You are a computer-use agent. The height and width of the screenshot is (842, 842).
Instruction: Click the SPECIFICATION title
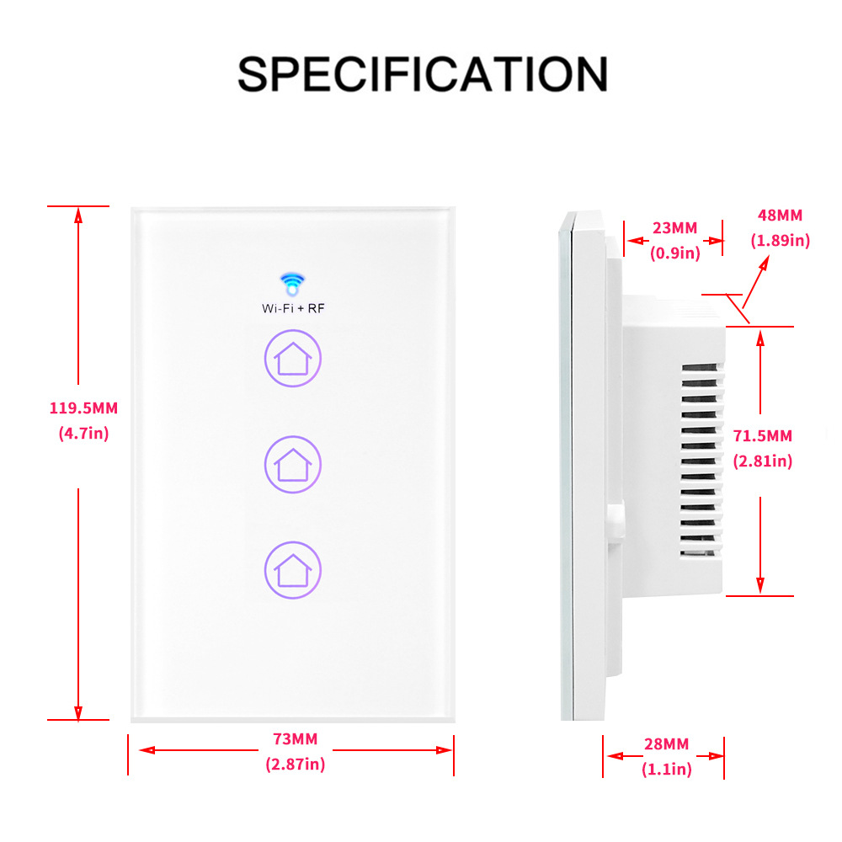tap(422, 74)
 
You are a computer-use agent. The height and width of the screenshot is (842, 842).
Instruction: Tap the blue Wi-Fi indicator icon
tap(292, 284)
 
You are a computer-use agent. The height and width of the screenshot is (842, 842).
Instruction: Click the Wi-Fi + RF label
tap(293, 308)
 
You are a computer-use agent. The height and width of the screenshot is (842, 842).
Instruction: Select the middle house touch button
tap(293, 463)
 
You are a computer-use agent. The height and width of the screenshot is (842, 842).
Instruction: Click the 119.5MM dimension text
tap(83, 408)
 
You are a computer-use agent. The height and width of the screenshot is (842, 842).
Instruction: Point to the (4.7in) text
tap(83, 434)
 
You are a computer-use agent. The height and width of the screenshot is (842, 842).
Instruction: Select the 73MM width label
tap(295, 739)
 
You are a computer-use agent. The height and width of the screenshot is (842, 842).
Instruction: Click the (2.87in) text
tap(295, 765)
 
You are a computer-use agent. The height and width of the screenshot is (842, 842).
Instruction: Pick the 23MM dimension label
tap(674, 227)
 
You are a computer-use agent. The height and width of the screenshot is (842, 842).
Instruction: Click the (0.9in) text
tap(674, 252)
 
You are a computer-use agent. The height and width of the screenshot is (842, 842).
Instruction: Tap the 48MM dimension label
tap(780, 216)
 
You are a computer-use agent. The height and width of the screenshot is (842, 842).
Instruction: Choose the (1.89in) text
tap(780, 240)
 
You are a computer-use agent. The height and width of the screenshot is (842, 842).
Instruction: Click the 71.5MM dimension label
tap(763, 435)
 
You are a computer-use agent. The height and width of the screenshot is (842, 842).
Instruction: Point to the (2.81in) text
tap(763, 461)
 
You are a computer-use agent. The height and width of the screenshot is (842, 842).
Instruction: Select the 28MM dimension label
tap(665, 743)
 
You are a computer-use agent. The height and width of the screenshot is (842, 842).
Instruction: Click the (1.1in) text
tap(665, 768)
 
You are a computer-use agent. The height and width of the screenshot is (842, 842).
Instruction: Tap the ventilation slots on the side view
tap(701, 463)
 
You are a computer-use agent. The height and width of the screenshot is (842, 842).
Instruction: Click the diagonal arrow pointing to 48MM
tap(754, 286)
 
